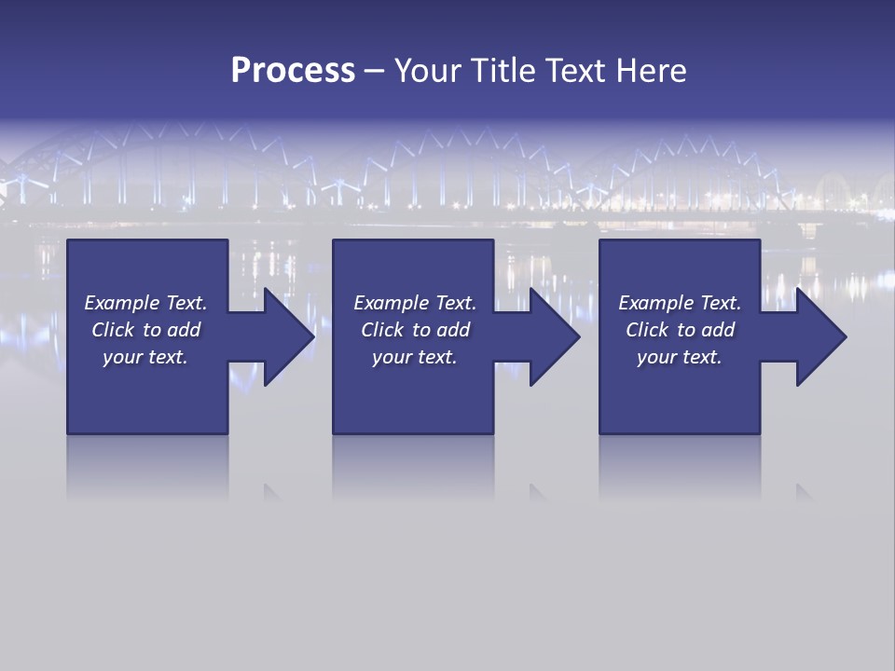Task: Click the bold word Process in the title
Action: tap(293, 71)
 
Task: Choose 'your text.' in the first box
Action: tap(145, 357)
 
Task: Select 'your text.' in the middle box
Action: tap(414, 357)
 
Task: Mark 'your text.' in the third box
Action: tap(680, 357)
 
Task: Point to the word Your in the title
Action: tap(426, 71)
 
